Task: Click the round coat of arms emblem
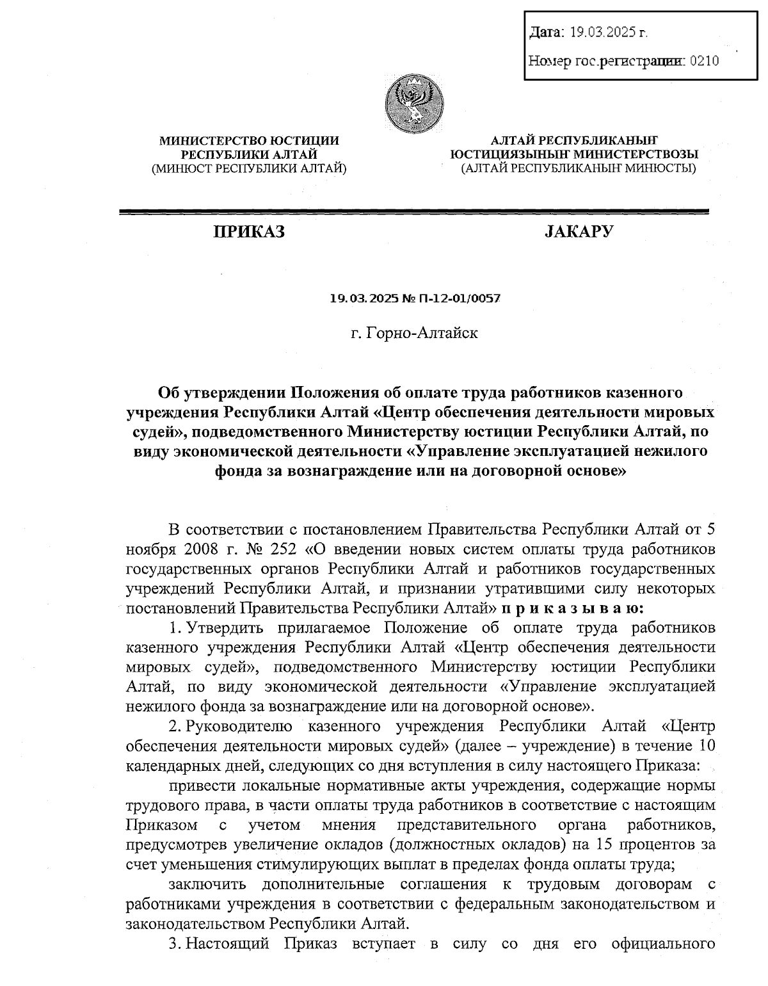(x=415, y=103)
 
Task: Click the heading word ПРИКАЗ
(x=249, y=232)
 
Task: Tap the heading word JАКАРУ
(x=578, y=231)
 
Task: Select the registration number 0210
(x=705, y=61)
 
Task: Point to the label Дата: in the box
(x=547, y=31)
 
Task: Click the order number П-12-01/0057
(x=459, y=299)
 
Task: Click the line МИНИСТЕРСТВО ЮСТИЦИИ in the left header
(x=249, y=140)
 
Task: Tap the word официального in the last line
(x=664, y=944)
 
